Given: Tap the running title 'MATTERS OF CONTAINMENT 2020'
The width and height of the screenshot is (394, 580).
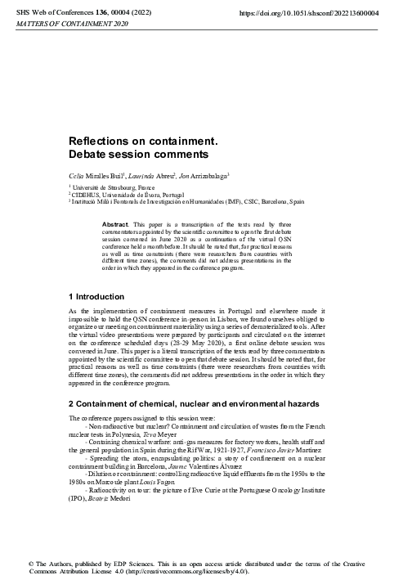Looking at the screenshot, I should coord(55,25).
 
